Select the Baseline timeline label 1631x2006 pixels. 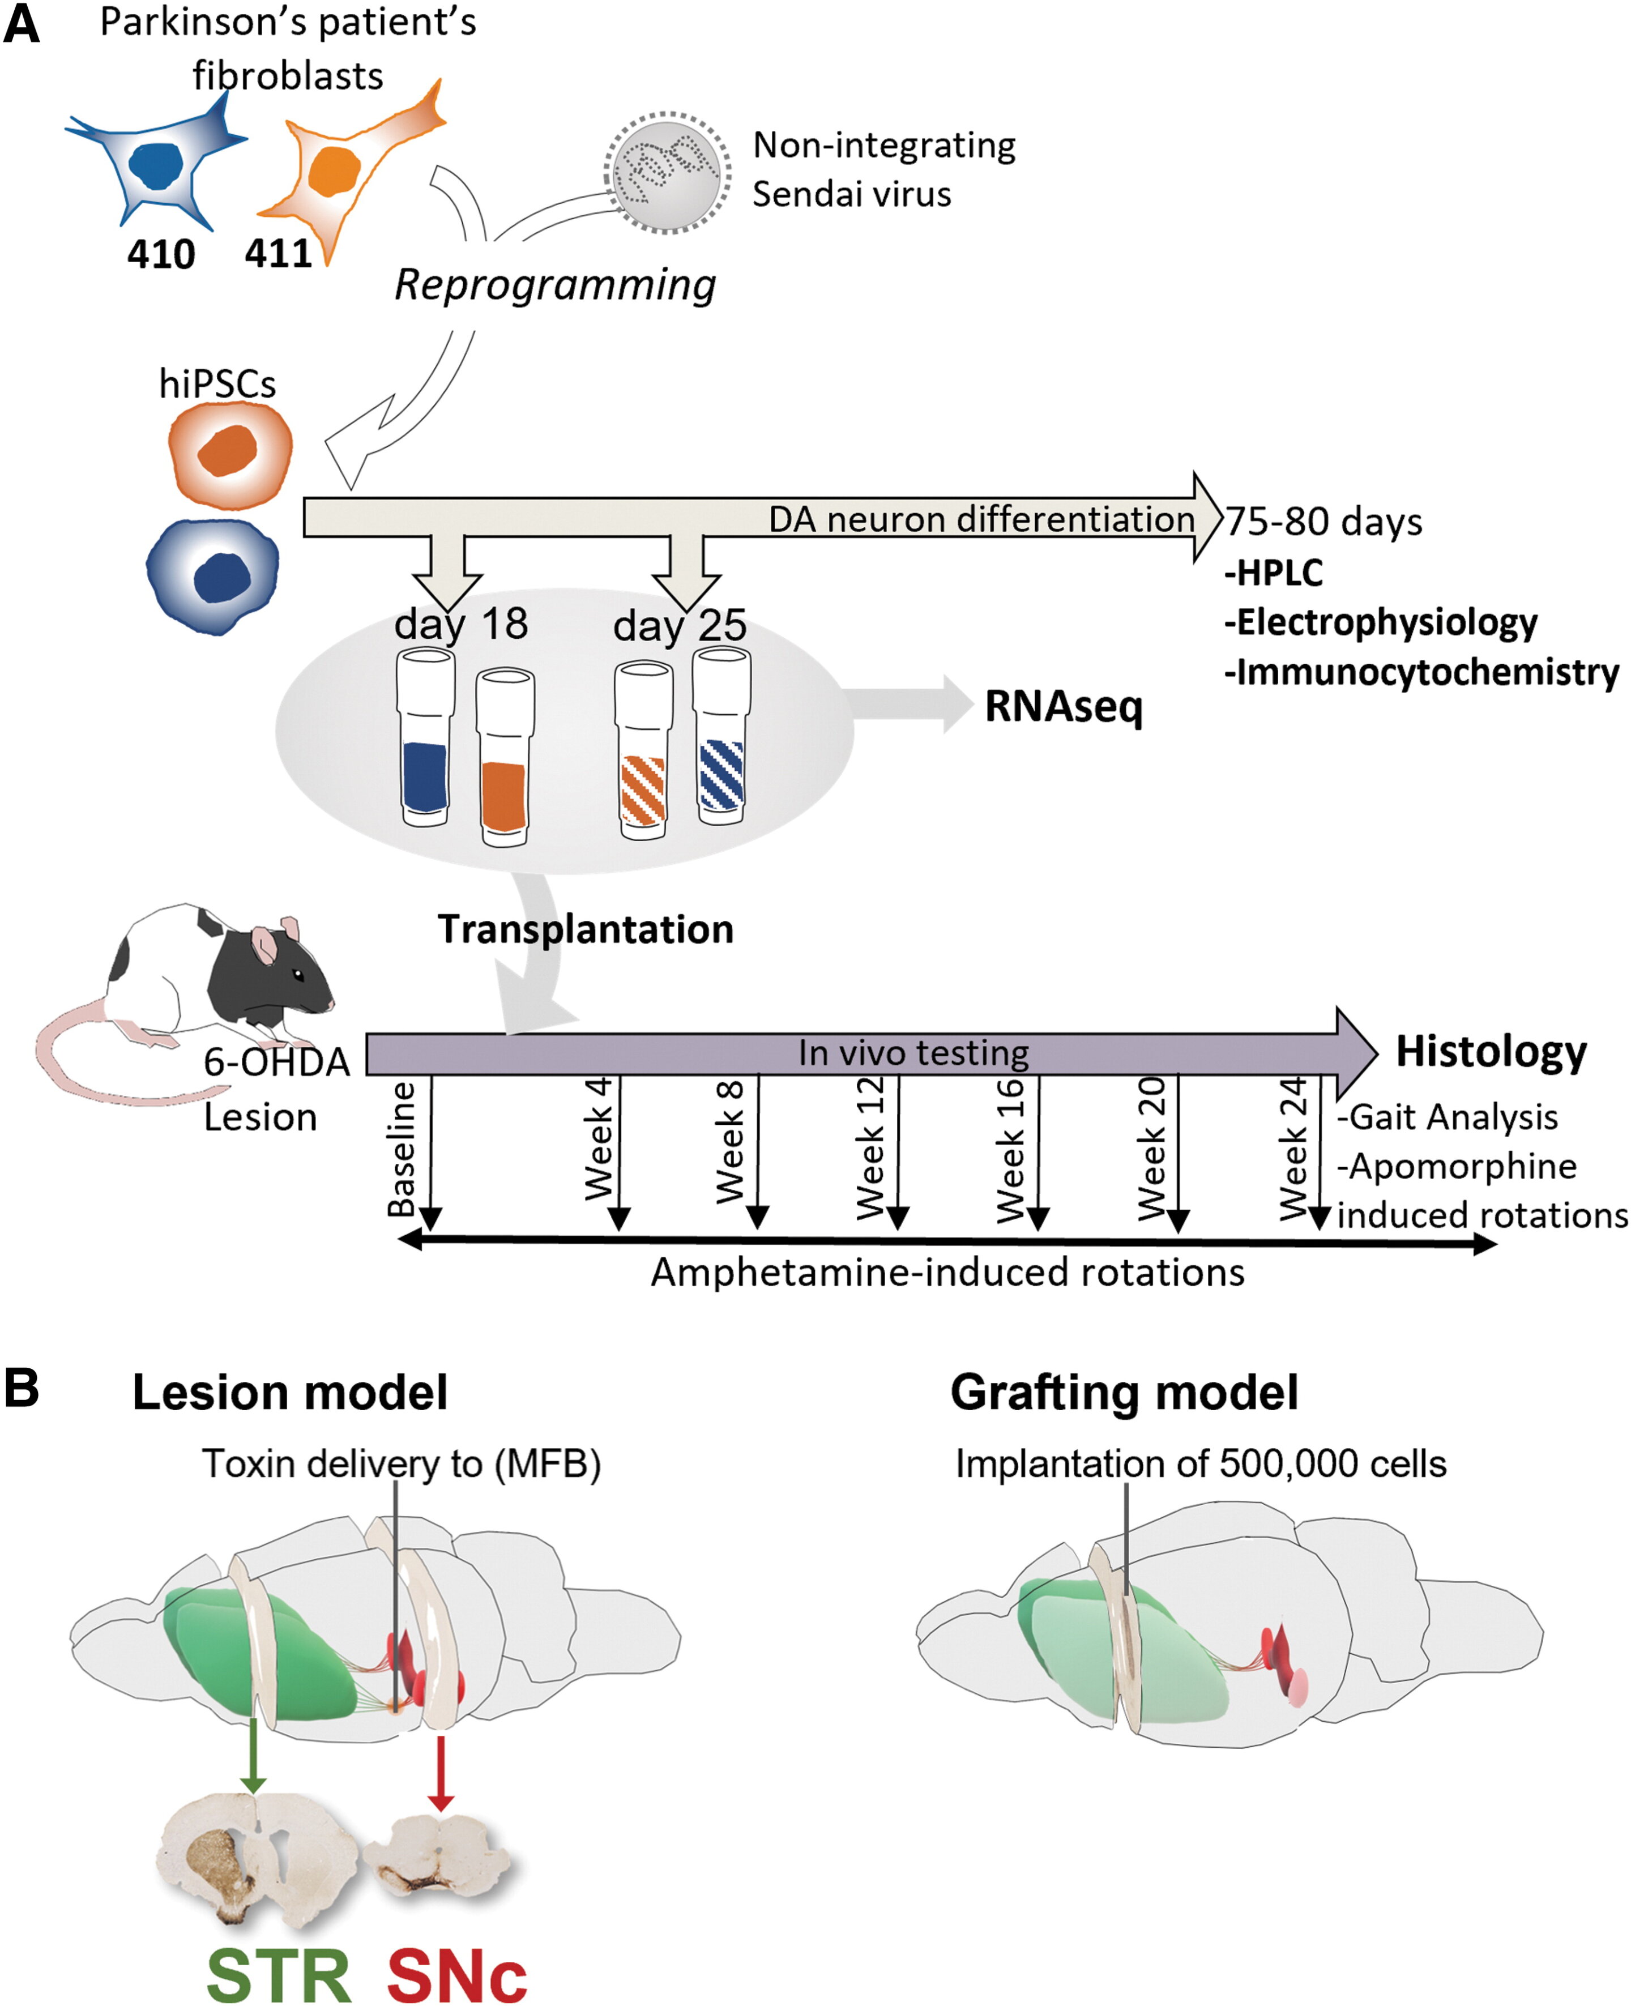tap(402, 1148)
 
